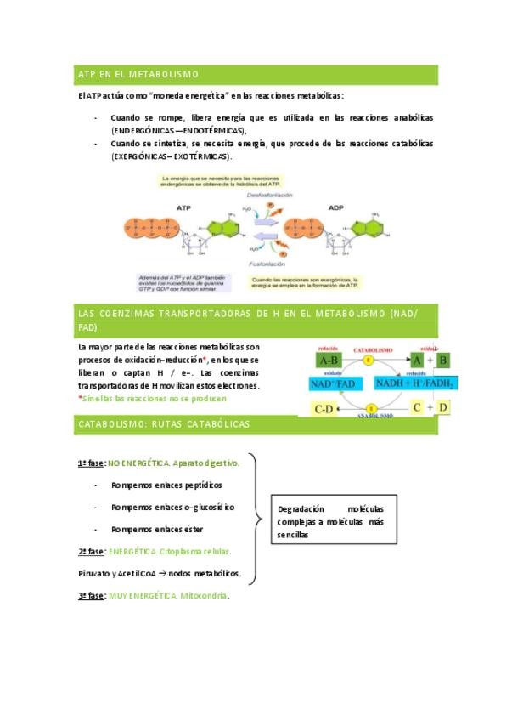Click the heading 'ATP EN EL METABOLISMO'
(138, 75)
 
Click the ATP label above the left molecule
(183, 207)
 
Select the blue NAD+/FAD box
(335, 384)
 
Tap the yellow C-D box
(324, 409)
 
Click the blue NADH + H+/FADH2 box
(414, 384)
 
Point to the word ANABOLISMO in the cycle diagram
(374, 417)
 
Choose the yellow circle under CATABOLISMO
(368, 360)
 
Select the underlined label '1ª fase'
(91, 463)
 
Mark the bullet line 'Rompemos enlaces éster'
(157, 529)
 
